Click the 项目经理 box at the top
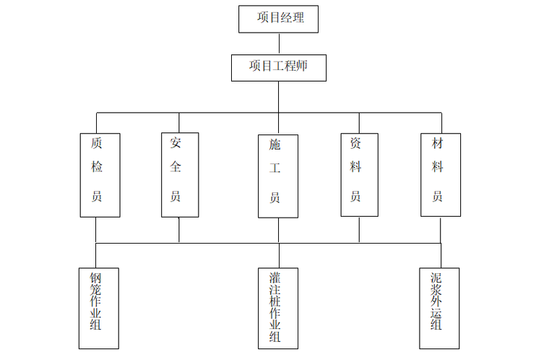tap(278, 19)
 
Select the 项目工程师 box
tap(279, 67)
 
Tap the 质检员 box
tap(100, 175)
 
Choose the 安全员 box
tap(179, 175)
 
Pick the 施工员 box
tap(278, 176)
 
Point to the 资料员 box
tap(359, 175)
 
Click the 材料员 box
tap(441, 175)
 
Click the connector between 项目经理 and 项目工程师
tap(279, 43)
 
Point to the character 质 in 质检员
tap(96, 144)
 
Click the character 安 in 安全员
tap(176, 143)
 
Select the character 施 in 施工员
tap(274, 145)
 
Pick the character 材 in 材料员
tap(438, 144)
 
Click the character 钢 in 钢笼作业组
tap(95, 278)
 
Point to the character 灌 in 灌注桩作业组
tap(274, 278)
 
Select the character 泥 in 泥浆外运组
tap(436, 278)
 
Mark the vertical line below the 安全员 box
tap(179, 229)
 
